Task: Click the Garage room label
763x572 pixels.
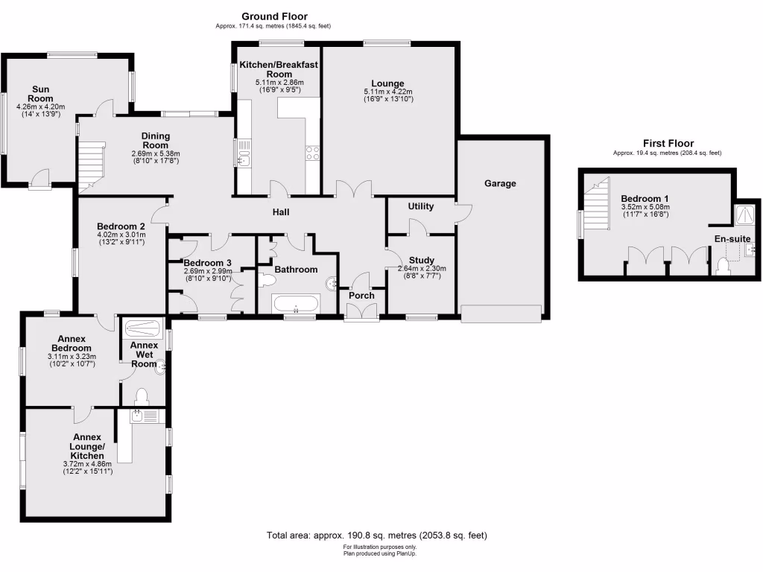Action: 500,183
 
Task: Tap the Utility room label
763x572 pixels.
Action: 421,206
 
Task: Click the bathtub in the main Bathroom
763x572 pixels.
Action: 297,305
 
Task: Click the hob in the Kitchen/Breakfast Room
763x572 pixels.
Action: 312,153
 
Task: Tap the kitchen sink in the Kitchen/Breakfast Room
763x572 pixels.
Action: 243,158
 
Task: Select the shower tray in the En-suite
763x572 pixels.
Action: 744,215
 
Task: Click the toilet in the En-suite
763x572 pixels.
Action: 721,266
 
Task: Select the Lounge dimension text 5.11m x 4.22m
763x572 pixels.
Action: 388,92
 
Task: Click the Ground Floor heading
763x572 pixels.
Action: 274,16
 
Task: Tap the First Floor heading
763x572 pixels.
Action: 668,143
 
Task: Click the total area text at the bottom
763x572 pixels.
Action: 377,536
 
